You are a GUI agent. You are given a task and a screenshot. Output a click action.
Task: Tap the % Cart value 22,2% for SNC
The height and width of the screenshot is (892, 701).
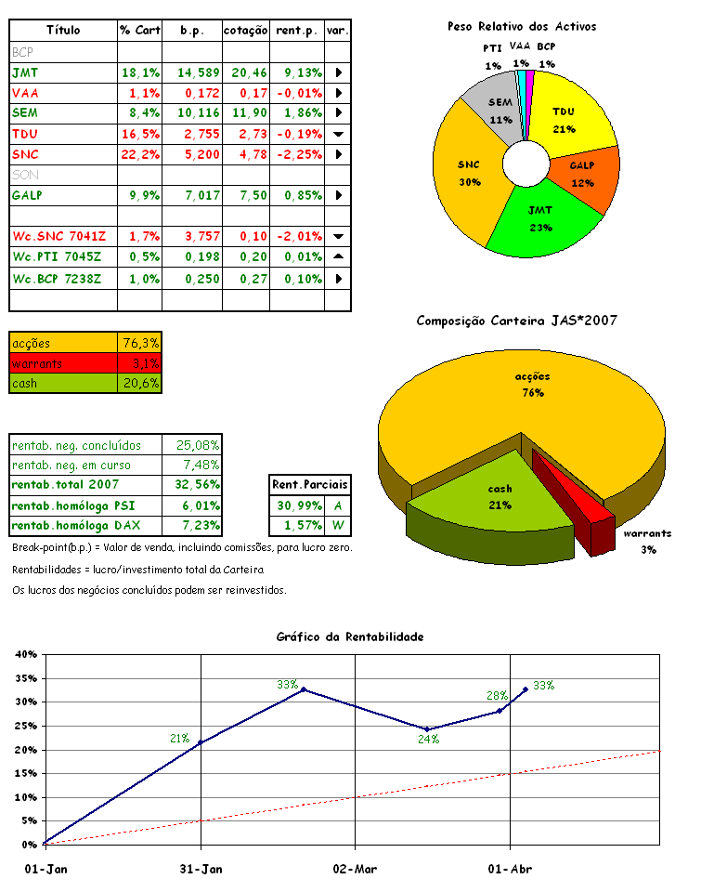139,154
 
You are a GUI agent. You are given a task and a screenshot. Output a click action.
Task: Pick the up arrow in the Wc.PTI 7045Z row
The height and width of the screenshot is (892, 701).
338,256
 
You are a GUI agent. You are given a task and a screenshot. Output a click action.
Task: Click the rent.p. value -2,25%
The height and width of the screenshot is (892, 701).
298,154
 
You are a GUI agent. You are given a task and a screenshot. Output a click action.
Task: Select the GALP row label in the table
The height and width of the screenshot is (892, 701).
29,195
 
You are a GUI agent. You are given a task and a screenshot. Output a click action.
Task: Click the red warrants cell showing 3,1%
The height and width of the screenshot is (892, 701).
139,363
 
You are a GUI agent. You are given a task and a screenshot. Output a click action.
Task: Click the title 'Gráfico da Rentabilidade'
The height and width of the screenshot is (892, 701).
350,636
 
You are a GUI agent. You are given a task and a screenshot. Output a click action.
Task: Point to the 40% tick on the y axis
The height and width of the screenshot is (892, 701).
25,654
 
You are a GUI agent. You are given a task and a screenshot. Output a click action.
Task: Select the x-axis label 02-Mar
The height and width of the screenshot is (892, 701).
355,870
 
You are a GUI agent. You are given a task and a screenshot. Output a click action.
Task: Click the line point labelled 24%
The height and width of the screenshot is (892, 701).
427,728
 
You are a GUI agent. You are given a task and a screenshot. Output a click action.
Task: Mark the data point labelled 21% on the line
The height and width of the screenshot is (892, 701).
201,742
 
